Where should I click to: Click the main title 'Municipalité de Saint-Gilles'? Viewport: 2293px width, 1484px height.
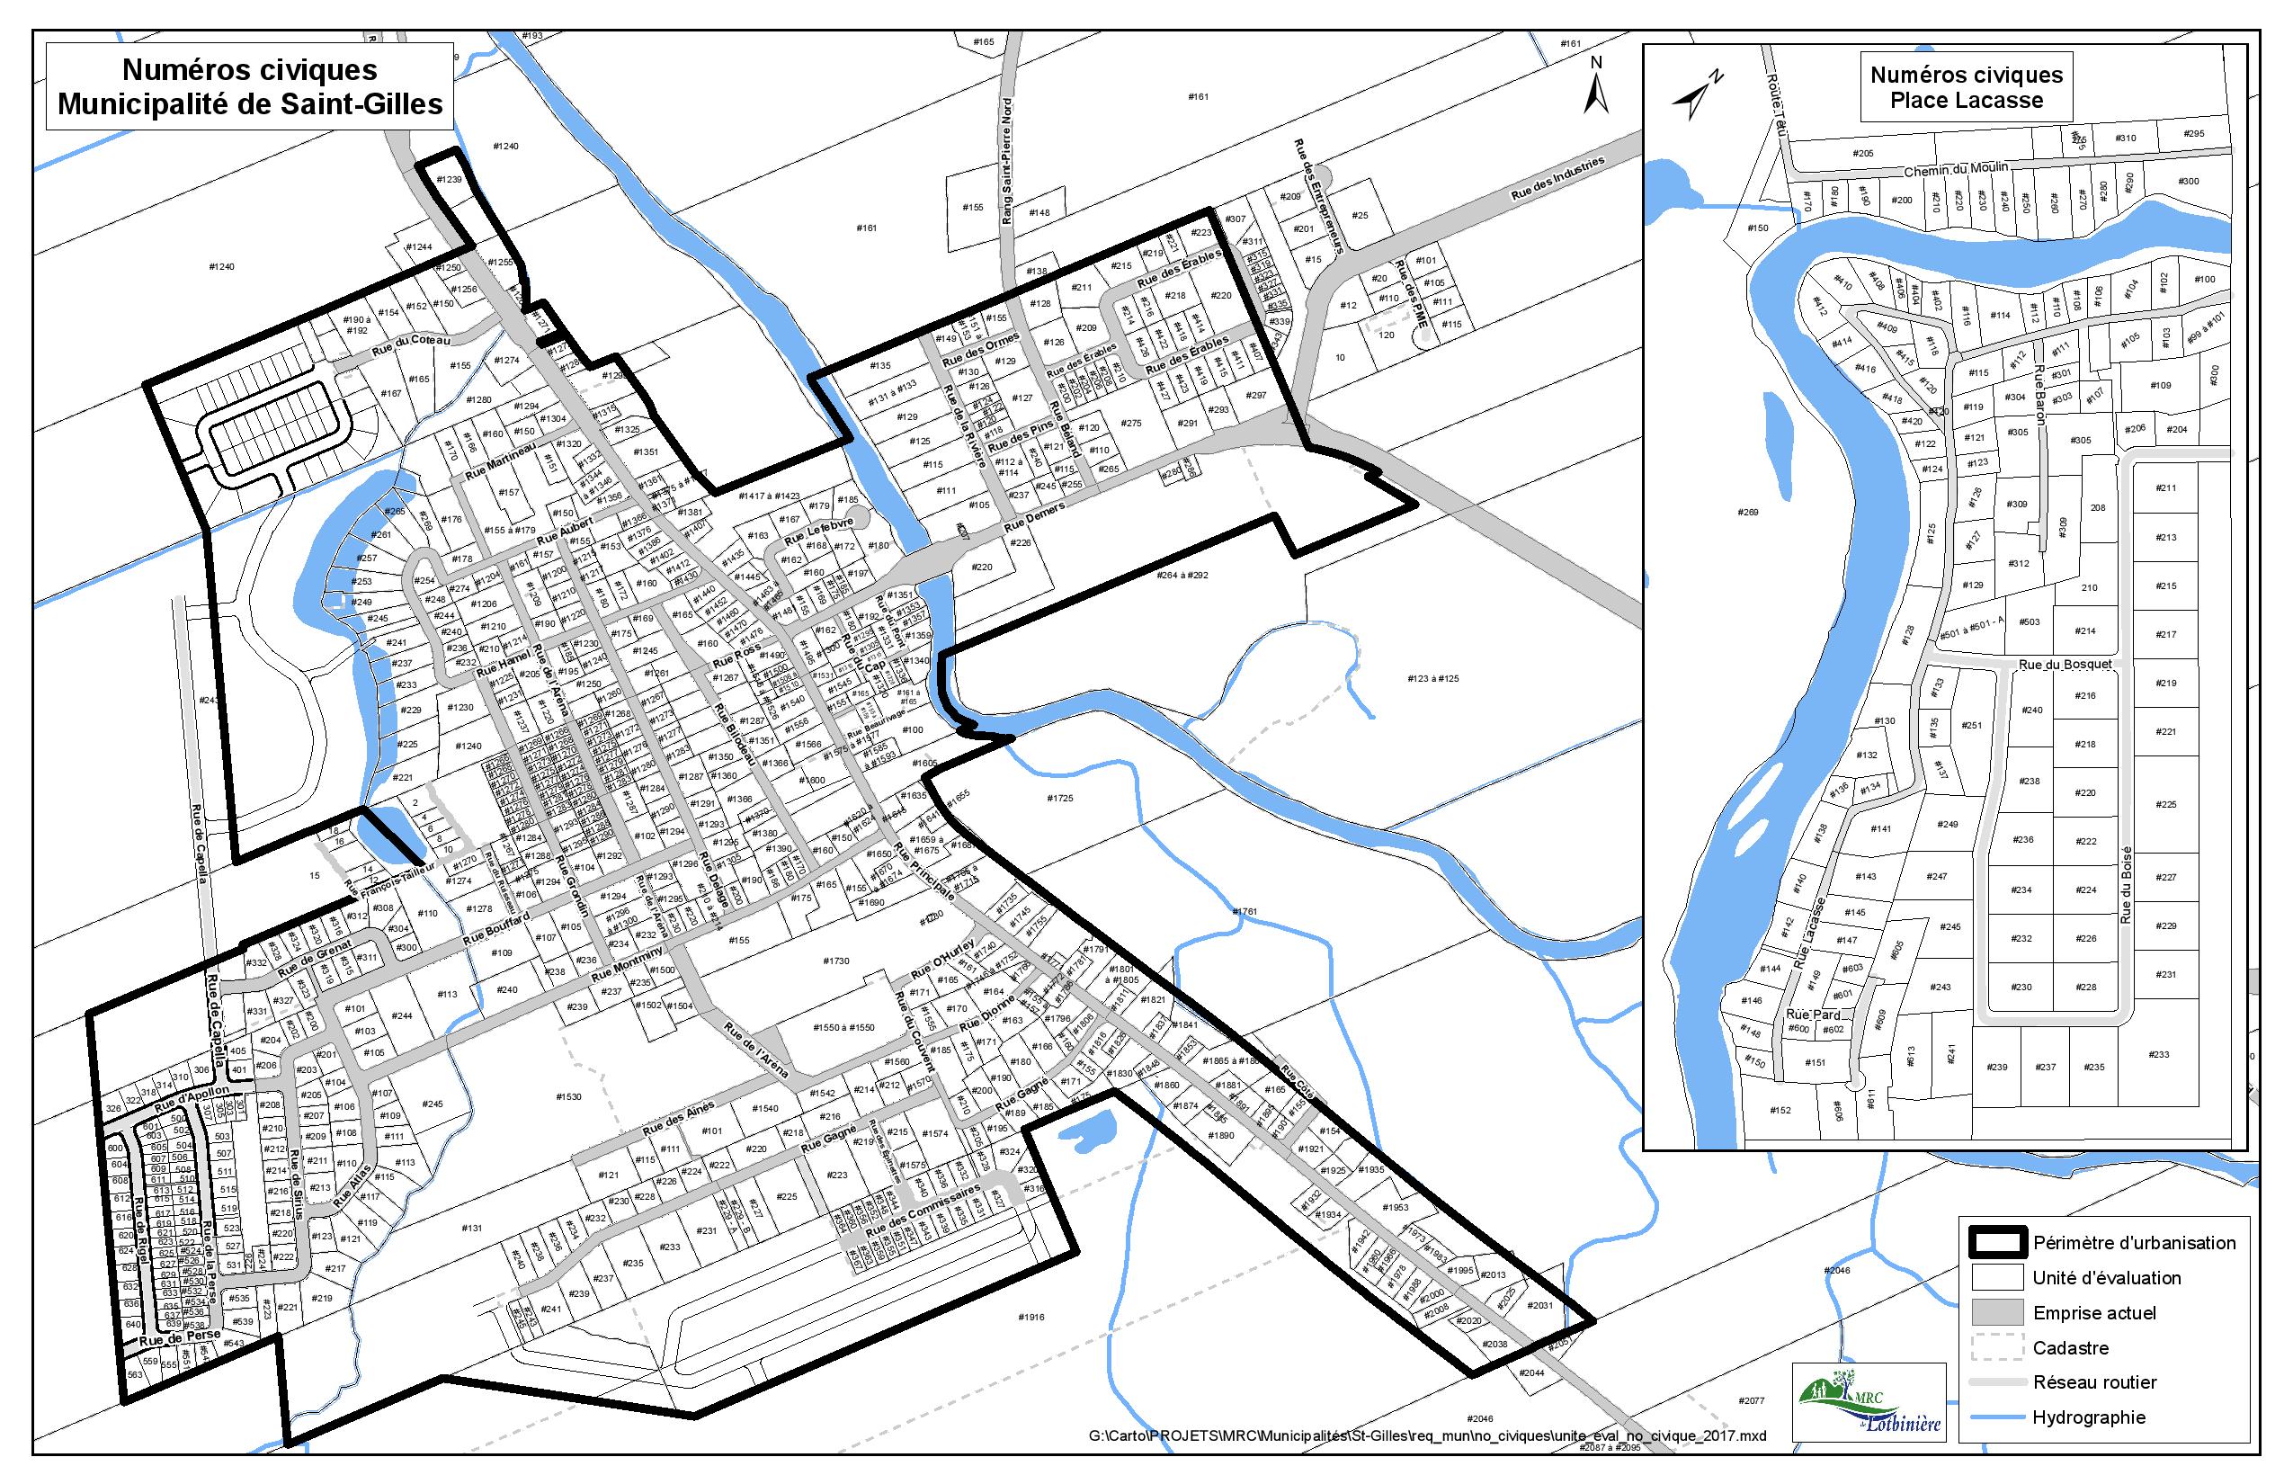(x=250, y=104)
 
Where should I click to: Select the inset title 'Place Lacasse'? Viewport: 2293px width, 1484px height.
(x=1965, y=101)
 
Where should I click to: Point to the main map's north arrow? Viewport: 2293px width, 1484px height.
(x=1596, y=89)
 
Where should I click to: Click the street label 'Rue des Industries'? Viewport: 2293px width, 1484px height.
(x=1557, y=179)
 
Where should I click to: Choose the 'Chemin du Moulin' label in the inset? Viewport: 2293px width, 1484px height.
(x=1956, y=170)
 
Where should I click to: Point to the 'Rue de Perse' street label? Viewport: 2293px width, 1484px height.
(x=179, y=1338)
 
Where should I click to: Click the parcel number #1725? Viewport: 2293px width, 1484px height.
(x=1060, y=799)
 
